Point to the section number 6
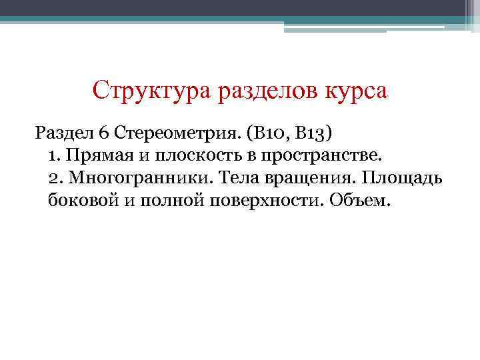[104, 133]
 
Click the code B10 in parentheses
[269, 133]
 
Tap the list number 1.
[54, 156]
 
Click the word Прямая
[96, 156]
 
